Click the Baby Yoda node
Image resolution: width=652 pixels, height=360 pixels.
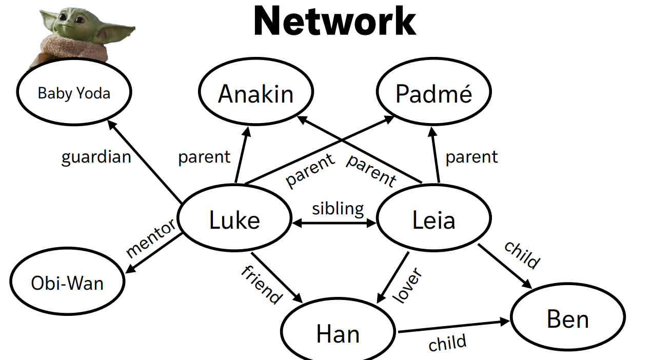pyautogui.click(x=74, y=93)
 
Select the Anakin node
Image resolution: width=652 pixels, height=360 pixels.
pyautogui.click(x=256, y=94)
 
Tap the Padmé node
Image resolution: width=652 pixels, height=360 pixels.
pyautogui.click(x=434, y=94)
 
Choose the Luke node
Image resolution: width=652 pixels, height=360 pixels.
pyautogui.click(x=234, y=220)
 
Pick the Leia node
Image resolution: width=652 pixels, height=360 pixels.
pyautogui.click(x=434, y=220)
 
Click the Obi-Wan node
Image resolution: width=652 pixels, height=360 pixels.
pyautogui.click(x=67, y=283)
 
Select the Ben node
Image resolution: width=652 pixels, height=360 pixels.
pyautogui.click(x=568, y=318)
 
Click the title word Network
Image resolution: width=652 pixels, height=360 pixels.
pyautogui.click(x=334, y=22)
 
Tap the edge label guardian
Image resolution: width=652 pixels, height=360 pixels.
pyautogui.click(x=96, y=156)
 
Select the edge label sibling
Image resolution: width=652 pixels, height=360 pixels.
pyautogui.click(x=338, y=208)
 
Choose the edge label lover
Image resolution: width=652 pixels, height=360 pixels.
pyautogui.click(x=407, y=285)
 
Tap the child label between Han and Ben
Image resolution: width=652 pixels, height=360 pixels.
pyautogui.click(x=447, y=343)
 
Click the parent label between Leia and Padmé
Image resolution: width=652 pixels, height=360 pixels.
pyautogui.click(x=471, y=156)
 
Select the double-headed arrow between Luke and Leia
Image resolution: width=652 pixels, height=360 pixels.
pyautogui.click(x=334, y=223)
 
